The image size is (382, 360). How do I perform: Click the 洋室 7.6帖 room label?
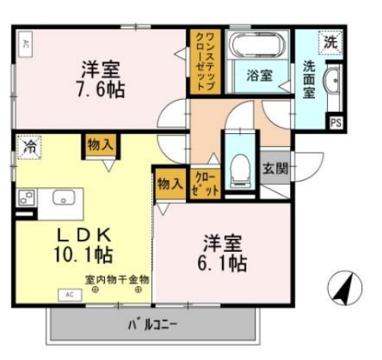100,79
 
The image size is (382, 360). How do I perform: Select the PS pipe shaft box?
335,122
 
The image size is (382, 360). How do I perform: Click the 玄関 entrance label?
275,169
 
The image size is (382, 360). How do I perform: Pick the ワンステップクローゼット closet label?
204,62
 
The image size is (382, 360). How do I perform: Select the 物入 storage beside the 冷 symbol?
100,145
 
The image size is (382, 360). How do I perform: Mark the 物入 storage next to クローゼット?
170,183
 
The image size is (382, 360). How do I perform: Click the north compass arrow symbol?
342,288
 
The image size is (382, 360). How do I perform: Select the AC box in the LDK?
68,294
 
